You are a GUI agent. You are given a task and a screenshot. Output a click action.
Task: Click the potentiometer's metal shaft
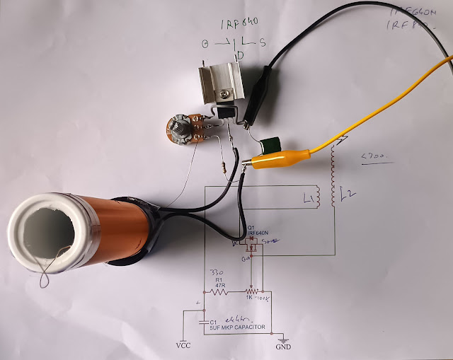point(177,129)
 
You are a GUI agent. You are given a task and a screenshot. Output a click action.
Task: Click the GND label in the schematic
point(282,346)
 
